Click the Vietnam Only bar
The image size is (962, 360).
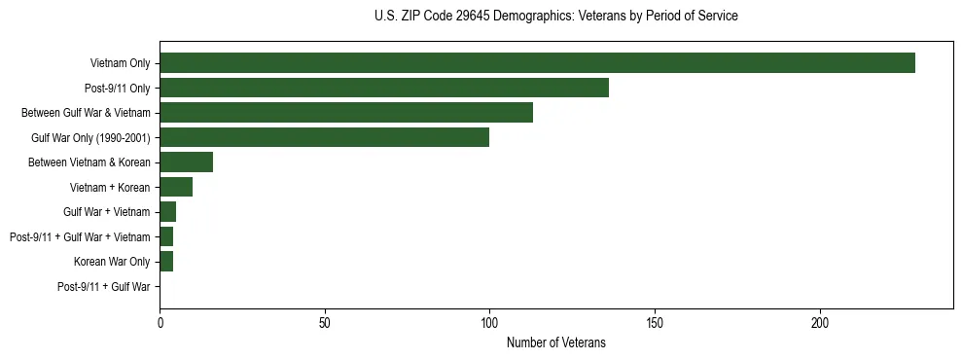(x=537, y=63)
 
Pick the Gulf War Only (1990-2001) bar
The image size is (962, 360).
(x=324, y=137)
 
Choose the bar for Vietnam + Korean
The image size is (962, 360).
(x=176, y=187)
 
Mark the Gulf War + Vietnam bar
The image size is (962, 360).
(x=167, y=212)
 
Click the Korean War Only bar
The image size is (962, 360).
(x=166, y=262)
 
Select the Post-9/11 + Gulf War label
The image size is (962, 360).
(x=104, y=287)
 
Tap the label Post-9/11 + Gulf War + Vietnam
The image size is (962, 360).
(x=80, y=237)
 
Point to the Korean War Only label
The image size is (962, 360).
(x=112, y=262)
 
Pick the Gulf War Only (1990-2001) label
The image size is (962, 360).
(x=90, y=138)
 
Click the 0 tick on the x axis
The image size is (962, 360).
(x=160, y=322)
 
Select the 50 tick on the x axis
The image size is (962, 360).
(x=325, y=322)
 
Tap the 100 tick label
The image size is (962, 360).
(x=489, y=322)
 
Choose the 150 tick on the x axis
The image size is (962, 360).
(x=655, y=322)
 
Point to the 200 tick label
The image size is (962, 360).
(x=820, y=322)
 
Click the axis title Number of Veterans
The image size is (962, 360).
(x=556, y=342)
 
